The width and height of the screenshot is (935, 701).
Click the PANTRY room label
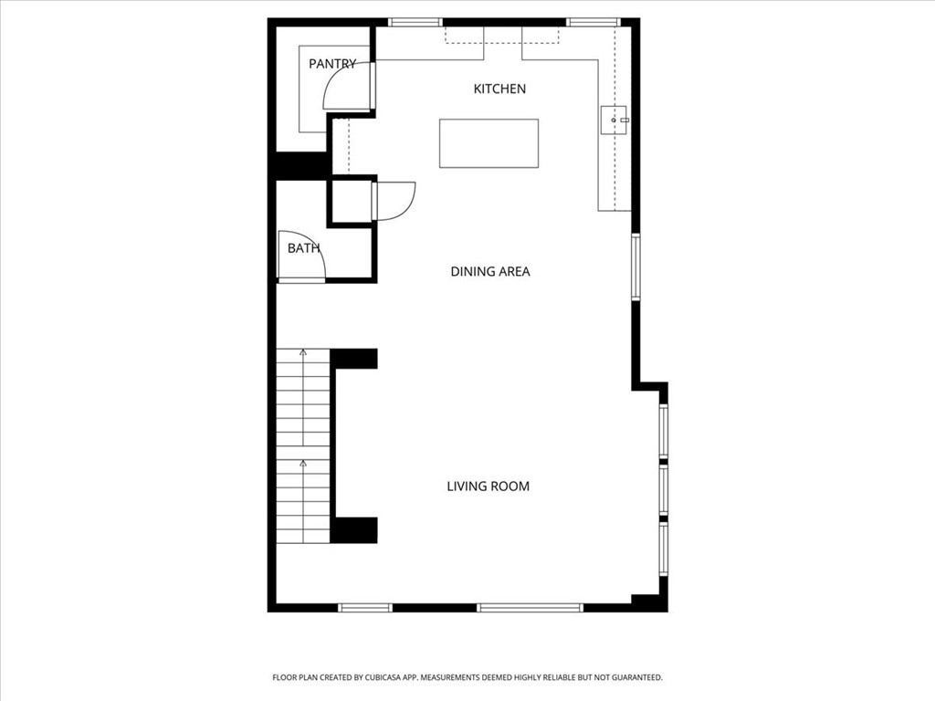pyautogui.click(x=332, y=64)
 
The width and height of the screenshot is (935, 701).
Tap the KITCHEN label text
pyautogui.click(x=499, y=89)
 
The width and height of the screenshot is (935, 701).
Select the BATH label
pyautogui.click(x=303, y=248)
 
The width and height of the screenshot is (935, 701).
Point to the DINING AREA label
pyautogui.click(x=490, y=271)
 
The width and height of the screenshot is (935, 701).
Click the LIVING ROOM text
pyautogui.click(x=488, y=487)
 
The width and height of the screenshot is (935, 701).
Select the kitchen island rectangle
pyautogui.click(x=489, y=143)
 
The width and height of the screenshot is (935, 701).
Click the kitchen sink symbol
pyautogui.click(x=615, y=120)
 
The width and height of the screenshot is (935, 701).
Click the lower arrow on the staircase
pyautogui.click(x=303, y=467)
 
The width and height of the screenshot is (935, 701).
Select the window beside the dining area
pyautogui.click(x=636, y=267)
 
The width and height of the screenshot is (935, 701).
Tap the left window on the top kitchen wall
pyautogui.click(x=415, y=22)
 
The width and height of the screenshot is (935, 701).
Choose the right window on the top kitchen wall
pyautogui.click(x=593, y=22)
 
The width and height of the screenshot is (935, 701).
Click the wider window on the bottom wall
pyautogui.click(x=530, y=607)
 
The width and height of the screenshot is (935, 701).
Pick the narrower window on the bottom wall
pyautogui.click(x=365, y=607)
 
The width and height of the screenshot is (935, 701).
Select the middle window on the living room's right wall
pyautogui.click(x=664, y=489)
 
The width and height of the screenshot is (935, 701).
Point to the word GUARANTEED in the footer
pyautogui.click(x=631, y=677)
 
